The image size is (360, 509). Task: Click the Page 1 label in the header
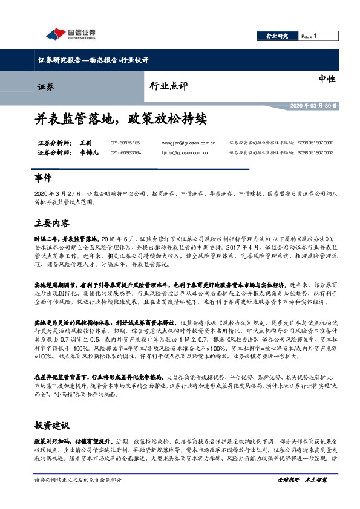(309, 36)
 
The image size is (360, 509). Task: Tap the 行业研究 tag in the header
(278, 36)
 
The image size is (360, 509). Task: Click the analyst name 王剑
(85, 143)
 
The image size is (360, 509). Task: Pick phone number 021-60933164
(125, 152)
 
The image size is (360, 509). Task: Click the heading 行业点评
(166, 86)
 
